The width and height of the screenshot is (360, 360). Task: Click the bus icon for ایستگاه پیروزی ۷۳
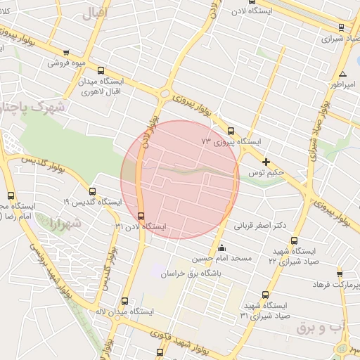click(231, 131)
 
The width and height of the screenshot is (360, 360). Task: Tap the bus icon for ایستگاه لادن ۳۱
click(141, 215)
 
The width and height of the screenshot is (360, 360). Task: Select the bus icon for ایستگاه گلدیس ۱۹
click(92, 191)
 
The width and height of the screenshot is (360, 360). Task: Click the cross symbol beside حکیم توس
click(266, 162)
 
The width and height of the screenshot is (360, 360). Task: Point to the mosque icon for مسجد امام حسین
click(222, 247)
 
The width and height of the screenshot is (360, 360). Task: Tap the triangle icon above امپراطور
click(342, 74)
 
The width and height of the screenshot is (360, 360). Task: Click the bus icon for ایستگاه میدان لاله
click(125, 301)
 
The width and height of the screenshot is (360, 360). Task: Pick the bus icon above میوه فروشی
click(66, 52)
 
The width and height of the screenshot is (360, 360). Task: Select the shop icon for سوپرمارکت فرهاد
click(340, 274)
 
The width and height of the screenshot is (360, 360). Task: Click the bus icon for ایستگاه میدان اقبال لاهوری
click(101, 70)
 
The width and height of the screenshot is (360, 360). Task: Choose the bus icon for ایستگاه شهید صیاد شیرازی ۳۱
click(265, 295)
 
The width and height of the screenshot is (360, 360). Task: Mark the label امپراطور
click(341, 84)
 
